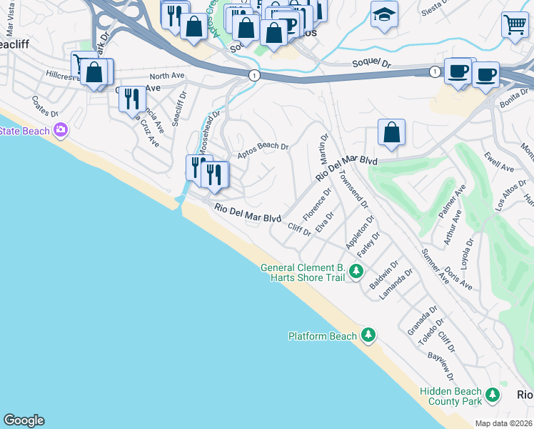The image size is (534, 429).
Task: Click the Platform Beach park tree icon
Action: [368, 335]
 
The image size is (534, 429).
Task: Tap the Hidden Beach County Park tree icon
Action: [492, 395]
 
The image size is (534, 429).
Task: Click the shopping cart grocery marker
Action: [514, 25]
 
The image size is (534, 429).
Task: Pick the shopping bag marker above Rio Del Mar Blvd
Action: [391, 133]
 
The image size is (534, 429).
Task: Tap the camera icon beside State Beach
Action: [60, 130]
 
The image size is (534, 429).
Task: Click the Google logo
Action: [24, 420]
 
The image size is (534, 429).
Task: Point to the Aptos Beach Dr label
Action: [262, 147]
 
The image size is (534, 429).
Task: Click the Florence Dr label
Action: [318, 204]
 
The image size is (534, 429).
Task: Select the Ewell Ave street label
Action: [498, 162]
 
